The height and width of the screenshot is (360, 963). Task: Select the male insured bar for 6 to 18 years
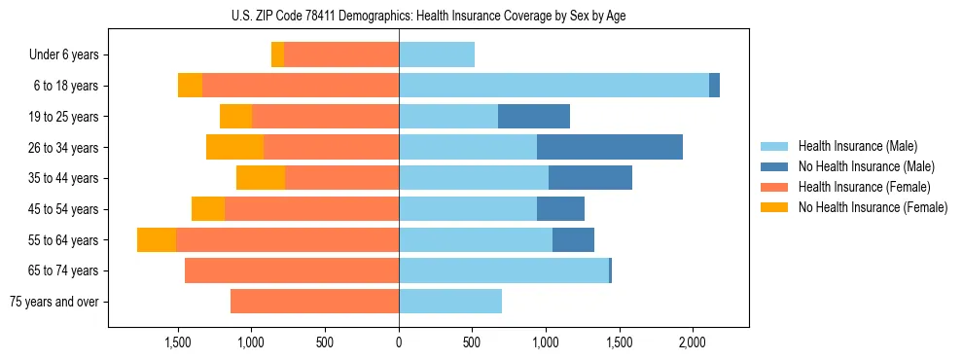[553, 86]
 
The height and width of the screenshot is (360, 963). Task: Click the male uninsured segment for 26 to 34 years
[610, 147]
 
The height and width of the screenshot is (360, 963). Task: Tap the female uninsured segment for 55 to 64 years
[157, 240]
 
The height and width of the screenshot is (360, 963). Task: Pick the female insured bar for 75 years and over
[314, 302]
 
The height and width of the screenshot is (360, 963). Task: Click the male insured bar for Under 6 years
[437, 54]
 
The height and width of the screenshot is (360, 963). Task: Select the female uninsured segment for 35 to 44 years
[261, 178]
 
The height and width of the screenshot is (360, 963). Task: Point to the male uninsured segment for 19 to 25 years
[534, 117]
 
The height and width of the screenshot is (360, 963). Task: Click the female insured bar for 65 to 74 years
[292, 270]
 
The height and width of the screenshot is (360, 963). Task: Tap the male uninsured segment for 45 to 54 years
[560, 209]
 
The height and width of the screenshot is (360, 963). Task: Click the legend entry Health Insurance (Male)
[857, 146]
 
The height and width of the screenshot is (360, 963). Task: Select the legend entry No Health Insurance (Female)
[873, 207]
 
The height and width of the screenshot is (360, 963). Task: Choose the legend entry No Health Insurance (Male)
[866, 166]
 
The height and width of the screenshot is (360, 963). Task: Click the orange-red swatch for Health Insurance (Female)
[775, 187]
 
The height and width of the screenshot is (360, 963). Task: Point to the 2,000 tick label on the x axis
[692, 343]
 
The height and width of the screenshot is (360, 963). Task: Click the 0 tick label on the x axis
[399, 343]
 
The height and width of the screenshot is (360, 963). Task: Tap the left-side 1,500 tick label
[178, 343]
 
